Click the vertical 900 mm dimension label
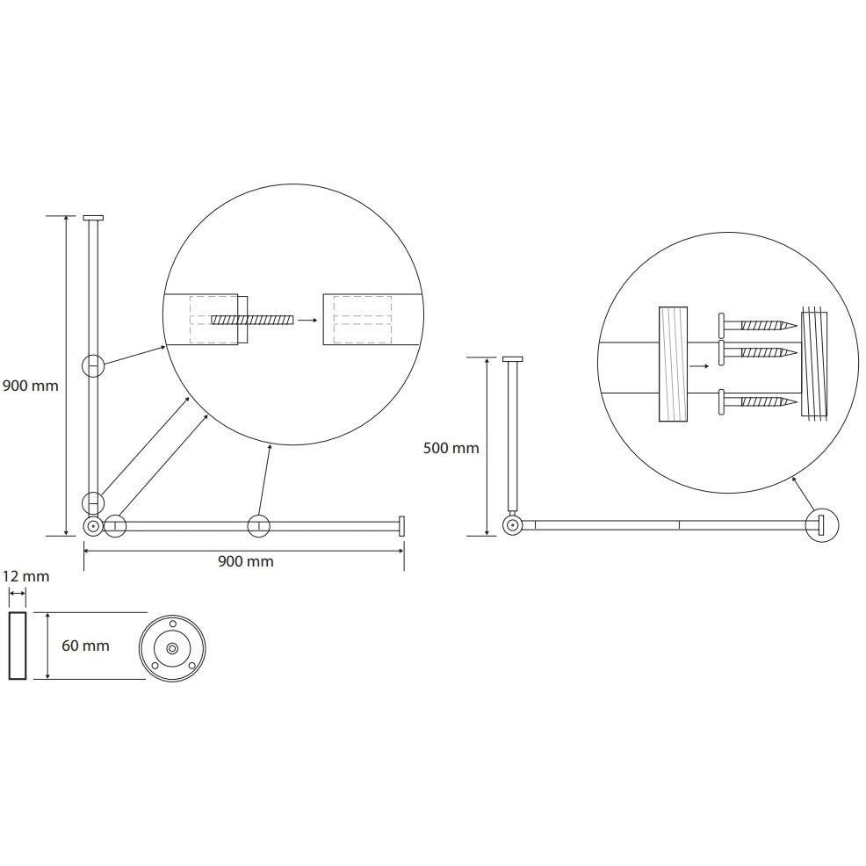pyautogui.click(x=31, y=386)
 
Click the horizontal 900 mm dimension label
pyautogui.click(x=246, y=561)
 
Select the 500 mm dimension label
pyautogui.click(x=451, y=448)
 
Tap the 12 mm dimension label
pyautogui.click(x=26, y=576)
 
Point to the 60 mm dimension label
pyautogui.click(x=85, y=645)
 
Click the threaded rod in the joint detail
pyautogui.click(x=252, y=320)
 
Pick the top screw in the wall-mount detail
pyautogui.click(x=758, y=325)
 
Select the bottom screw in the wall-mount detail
pyautogui.click(x=758, y=401)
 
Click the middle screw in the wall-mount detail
pyautogui.click(x=758, y=352)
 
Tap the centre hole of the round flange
pyautogui.click(x=172, y=647)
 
